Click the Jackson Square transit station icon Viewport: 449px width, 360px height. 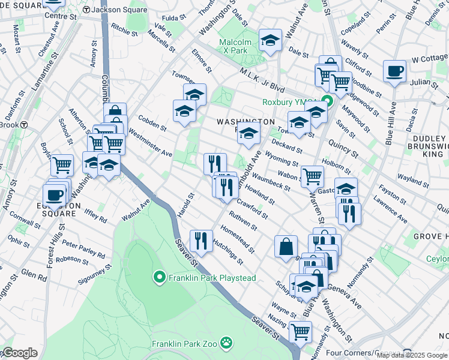click(x=86, y=10)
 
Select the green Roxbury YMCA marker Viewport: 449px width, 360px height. click(x=327, y=102)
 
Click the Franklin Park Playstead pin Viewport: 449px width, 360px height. click(x=159, y=277)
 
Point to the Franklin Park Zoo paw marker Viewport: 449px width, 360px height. click(x=226, y=344)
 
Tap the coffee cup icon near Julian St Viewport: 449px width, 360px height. click(x=394, y=71)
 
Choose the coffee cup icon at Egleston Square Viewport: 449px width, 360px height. click(x=54, y=194)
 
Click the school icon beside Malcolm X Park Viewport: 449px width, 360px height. click(x=270, y=40)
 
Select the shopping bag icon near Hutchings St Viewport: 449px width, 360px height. click(x=286, y=246)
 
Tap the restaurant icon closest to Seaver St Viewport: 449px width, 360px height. click(x=200, y=241)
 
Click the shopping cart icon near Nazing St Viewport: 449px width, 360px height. click(x=300, y=331)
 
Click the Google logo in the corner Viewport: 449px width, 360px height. click(x=19, y=353)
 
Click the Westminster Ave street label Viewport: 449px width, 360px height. click(x=150, y=145)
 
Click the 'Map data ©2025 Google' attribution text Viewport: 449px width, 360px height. click(x=412, y=355)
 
